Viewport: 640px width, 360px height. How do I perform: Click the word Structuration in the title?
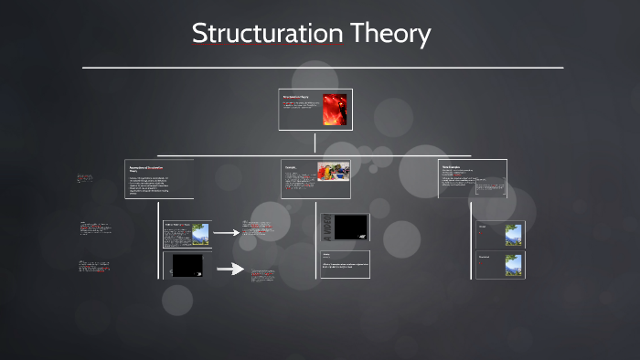click(x=267, y=34)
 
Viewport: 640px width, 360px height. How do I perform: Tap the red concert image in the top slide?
click(x=335, y=110)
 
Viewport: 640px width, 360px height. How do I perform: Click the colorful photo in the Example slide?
click(x=333, y=173)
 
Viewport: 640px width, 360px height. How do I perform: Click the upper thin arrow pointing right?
click(x=226, y=233)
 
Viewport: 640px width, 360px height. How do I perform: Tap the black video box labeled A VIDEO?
click(x=351, y=227)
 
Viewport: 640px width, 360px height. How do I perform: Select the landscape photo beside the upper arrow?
click(x=198, y=235)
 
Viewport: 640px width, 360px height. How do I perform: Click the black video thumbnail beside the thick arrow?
click(x=187, y=265)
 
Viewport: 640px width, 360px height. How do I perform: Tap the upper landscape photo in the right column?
click(x=513, y=235)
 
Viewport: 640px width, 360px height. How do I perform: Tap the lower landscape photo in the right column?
click(x=513, y=265)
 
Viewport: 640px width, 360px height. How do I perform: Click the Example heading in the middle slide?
click(x=291, y=167)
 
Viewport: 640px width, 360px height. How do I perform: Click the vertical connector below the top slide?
click(x=315, y=143)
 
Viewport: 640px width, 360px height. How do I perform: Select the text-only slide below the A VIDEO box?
click(x=345, y=263)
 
